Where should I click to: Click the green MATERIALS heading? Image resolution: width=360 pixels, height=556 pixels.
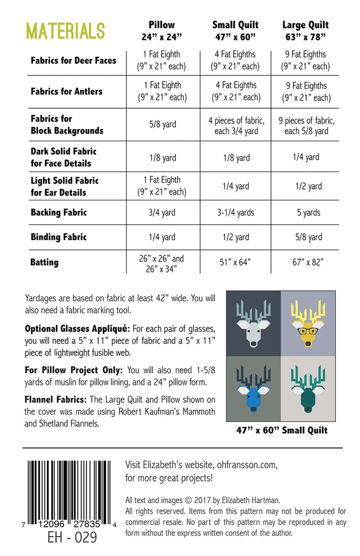pyautogui.click(x=65, y=31)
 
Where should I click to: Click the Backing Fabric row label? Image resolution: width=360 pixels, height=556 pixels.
pyautogui.click(x=59, y=213)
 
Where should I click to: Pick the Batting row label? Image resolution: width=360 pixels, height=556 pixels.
pyautogui.click(x=44, y=262)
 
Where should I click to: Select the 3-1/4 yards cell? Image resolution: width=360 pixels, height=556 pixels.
pyautogui.click(x=235, y=213)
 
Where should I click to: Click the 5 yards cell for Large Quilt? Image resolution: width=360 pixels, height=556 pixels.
pyautogui.click(x=308, y=213)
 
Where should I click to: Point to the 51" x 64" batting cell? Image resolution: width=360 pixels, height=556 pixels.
pyautogui.click(x=235, y=262)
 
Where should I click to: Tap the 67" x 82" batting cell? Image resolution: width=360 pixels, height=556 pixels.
pyautogui.click(x=308, y=262)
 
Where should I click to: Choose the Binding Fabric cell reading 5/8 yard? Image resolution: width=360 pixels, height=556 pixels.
pyautogui.click(x=308, y=237)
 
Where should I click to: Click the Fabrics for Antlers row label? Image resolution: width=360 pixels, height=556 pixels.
pyautogui.click(x=66, y=91)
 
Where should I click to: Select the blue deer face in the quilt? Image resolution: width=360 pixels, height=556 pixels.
pyautogui.click(x=254, y=384)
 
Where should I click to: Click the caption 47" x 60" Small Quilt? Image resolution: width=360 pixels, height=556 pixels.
pyautogui.click(x=281, y=431)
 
